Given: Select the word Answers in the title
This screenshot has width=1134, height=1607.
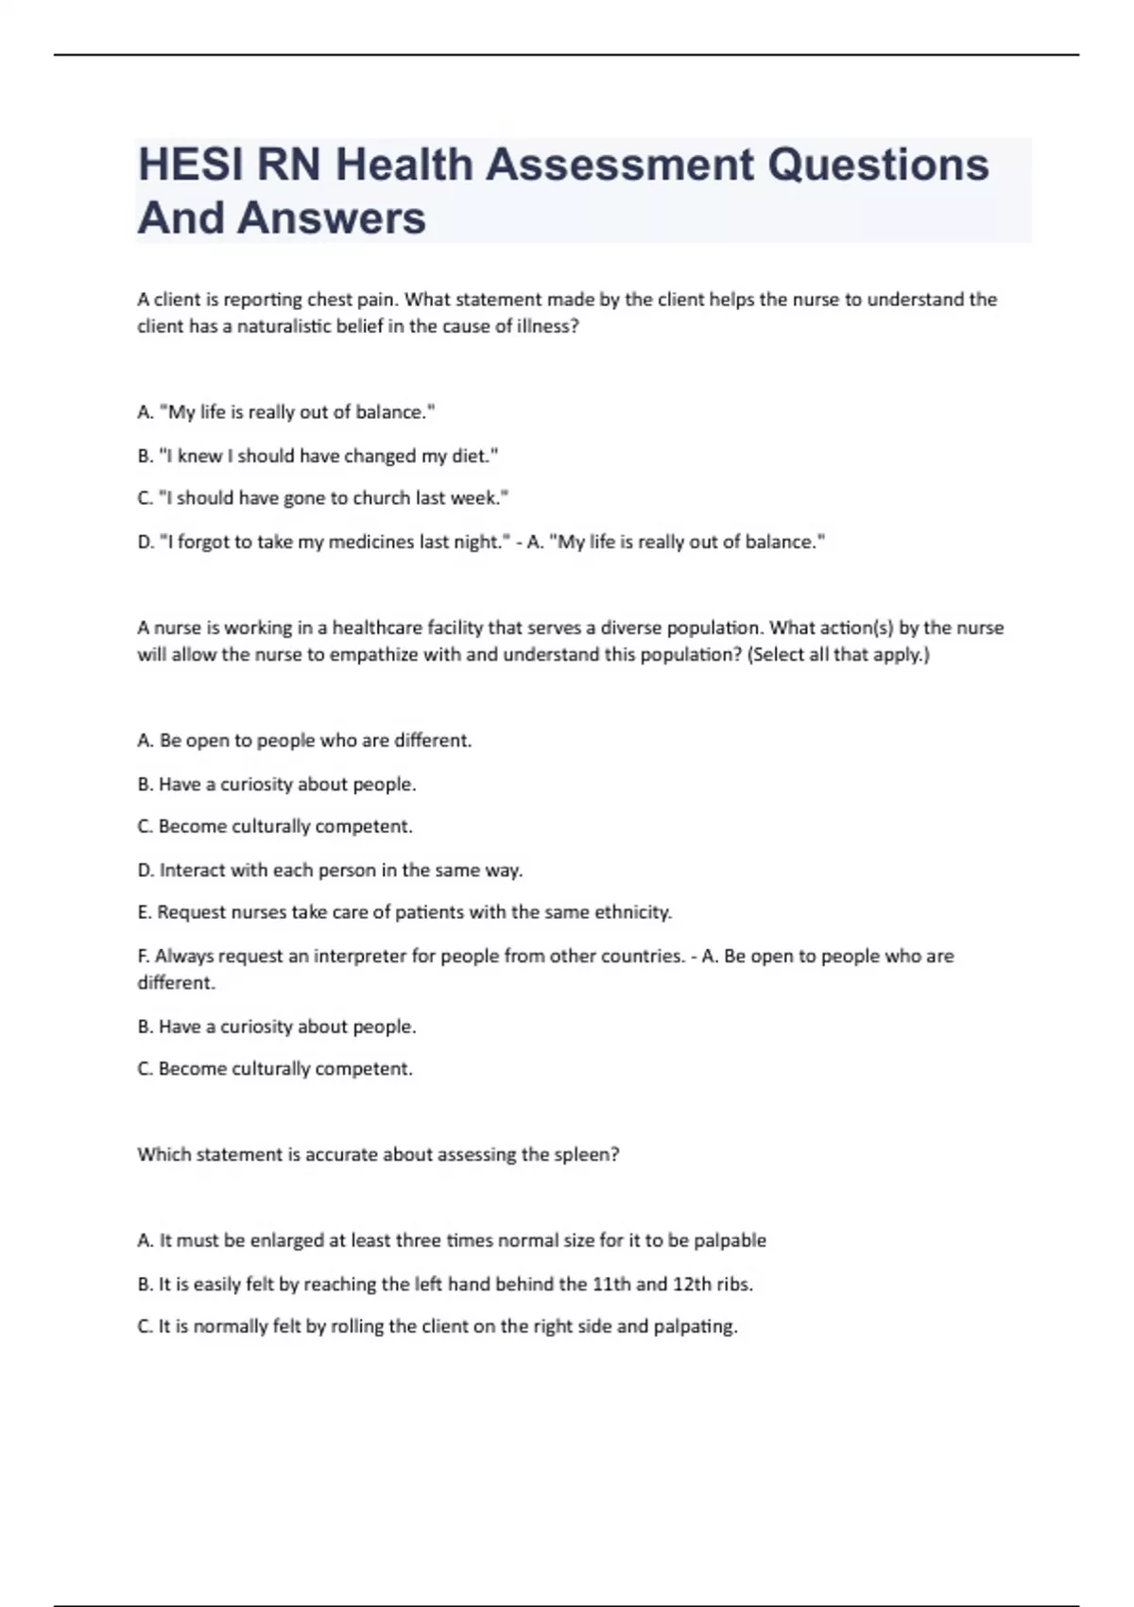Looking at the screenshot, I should (332, 217).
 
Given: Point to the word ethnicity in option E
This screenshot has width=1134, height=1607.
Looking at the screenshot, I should (632, 912).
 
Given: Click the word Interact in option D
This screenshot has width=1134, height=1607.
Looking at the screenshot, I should (193, 870).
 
